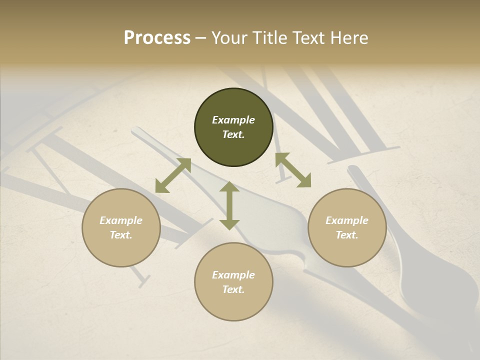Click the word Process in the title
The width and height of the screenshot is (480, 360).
[157, 38]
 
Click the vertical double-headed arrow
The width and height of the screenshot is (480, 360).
[229, 205]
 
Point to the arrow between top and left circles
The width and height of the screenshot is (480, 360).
[173, 175]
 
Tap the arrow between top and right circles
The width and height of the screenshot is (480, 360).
[293, 170]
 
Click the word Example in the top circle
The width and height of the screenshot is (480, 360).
[233, 120]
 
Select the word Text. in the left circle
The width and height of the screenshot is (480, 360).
[121, 235]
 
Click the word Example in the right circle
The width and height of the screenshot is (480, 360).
[347, 220]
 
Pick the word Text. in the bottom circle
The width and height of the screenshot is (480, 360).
[233, 289]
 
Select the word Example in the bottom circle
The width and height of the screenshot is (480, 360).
[233, 275]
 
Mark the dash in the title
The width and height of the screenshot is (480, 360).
[201, 38]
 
